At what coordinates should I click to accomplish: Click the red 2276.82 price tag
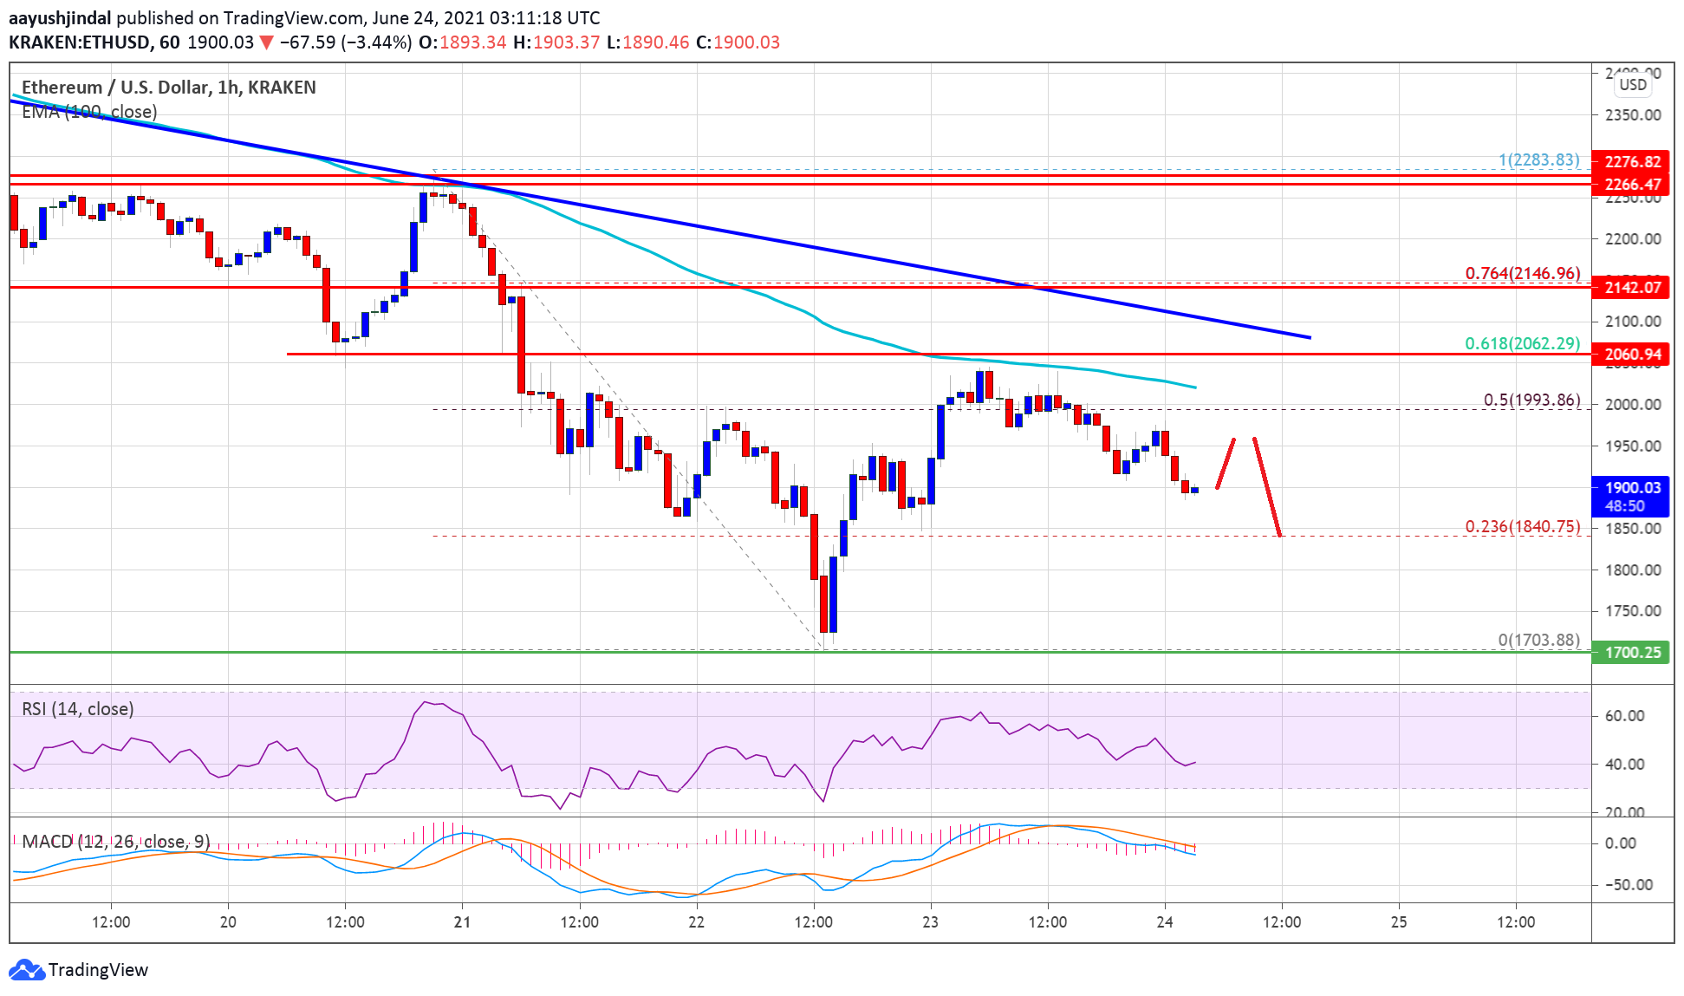1631,161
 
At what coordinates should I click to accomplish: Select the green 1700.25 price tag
1631,652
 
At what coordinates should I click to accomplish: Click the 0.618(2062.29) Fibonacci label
1522,343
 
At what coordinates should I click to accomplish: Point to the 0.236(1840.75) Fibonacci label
1522,526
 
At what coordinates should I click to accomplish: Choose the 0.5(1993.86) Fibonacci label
1531,400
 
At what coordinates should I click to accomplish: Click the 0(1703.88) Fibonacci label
1538,640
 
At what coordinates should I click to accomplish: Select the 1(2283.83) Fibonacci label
1538,159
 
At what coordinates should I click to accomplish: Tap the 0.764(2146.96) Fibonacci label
1522,273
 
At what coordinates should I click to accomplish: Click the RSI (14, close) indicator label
78,709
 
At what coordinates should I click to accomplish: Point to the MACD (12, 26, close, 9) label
115,841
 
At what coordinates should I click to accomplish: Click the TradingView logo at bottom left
79,969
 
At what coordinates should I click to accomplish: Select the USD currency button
1632,84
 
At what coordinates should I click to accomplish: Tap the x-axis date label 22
696,921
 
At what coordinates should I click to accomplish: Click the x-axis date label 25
1398,921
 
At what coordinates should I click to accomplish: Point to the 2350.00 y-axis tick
1632,114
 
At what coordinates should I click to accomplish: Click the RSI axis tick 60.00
1624,715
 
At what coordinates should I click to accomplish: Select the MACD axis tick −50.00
1628,884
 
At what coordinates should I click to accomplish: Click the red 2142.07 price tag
1631,287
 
